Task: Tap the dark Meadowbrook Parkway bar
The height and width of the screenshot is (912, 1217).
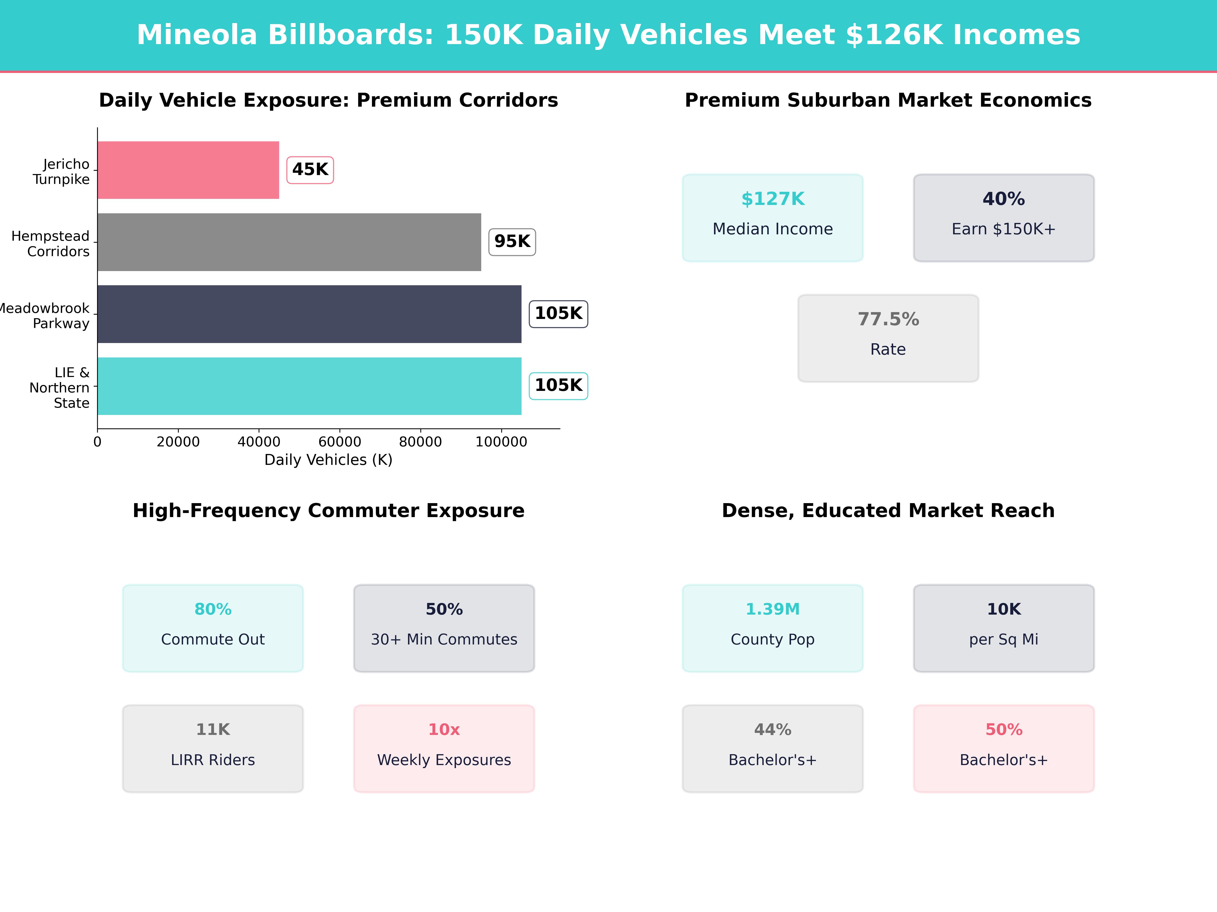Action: [309, 314]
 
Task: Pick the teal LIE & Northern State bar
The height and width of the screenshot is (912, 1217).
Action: [309, 386]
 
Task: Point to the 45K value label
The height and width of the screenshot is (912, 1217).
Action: [310, 169]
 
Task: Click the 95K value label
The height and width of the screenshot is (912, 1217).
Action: [512, 241]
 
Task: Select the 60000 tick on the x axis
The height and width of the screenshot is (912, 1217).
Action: [339, 441]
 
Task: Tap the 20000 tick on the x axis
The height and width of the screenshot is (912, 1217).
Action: [178, 441]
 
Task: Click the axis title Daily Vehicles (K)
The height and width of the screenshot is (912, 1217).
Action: [328, 460]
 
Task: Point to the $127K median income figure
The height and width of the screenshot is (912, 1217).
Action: [773, 199]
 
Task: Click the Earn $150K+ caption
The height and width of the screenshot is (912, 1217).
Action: [1004, 229]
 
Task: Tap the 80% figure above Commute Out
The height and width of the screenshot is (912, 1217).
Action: [213, 609]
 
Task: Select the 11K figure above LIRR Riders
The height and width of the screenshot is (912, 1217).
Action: [213, 730]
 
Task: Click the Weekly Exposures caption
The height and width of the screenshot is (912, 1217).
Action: [444, 760]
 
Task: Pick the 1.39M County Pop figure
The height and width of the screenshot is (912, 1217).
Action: [773, 609]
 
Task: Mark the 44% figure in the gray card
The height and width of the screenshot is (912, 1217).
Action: [773, 730]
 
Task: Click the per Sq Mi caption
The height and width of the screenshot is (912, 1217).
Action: [1004, 639]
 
